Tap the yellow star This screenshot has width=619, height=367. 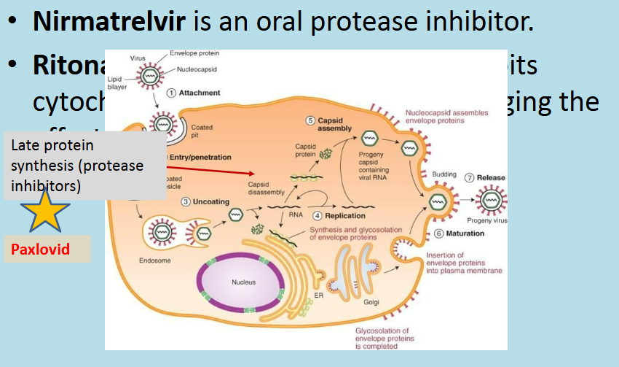[x=45, y=210]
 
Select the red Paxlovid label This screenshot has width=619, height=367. [x=41, y=250]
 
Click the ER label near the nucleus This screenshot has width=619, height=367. [x=318, y=295]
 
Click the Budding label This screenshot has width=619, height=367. [x=444, y=174]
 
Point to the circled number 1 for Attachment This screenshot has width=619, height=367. [x=172, y=93]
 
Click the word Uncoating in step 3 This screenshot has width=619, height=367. [x=210, y=201]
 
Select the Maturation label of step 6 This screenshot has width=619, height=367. [x=465, y=233]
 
